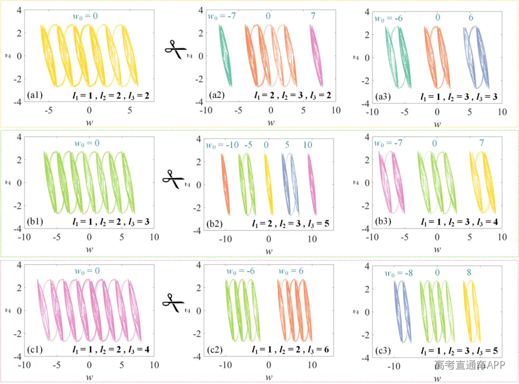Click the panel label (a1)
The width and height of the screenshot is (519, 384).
pyautogui.click(x=35, y=95)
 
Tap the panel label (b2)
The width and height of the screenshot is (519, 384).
pyautogui.click(x=214, y=224)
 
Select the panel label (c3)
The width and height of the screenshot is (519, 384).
pyautogui.click(x=383, y=350)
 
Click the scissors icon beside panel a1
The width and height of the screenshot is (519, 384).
pyautogui.click(x=176, y=49)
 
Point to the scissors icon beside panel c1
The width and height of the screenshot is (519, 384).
pyautogui.click(x=173, y=302)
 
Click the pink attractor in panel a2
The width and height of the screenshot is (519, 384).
pyautogui.click(x=316, y=55)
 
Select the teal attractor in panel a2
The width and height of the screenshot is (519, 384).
pyautogui.click(x=225, y=55)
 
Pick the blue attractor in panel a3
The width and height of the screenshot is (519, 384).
pyautogui.click(x=476, y=58)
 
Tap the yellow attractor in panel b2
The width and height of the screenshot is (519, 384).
pyautogui.click(x=269, y=184)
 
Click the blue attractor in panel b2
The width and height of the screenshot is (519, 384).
pyautogui.click(x=290, y=184)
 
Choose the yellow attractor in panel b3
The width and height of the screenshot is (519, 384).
pyautogui.click(x=482, y=182)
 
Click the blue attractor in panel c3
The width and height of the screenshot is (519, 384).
pyautogui.click(x=403, y=312)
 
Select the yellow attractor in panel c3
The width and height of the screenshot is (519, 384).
pyautogui.click(x=472, y=312)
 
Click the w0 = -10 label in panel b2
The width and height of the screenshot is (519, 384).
pyautogui.click(x=222, y=145)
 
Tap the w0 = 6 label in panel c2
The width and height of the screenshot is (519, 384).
pyautogui.click(x=291, y=271)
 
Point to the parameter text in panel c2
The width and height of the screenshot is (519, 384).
pyautogui.click(x=290, y=349)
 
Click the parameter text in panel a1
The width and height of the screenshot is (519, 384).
pyautogui.click(x=111, y=96)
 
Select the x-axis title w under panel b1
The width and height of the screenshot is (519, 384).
pyautogui.click(x=89, y=250)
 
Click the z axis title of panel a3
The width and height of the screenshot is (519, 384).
pyautogui.click(x=356, y=58)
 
